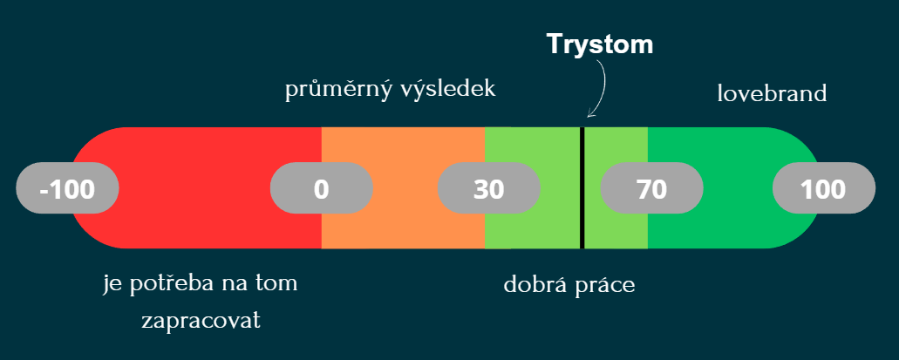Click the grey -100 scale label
[x=67, y=188]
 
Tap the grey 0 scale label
[x=322, y=188]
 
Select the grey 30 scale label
[x=489, y=188]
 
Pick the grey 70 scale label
[x=652, y=188]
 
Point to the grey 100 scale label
[x=824, y=188]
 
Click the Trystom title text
[x=600, y=44]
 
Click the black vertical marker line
[x=582, y=188]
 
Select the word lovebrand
[x=772, y=93]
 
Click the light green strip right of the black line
[x=616, y=143]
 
